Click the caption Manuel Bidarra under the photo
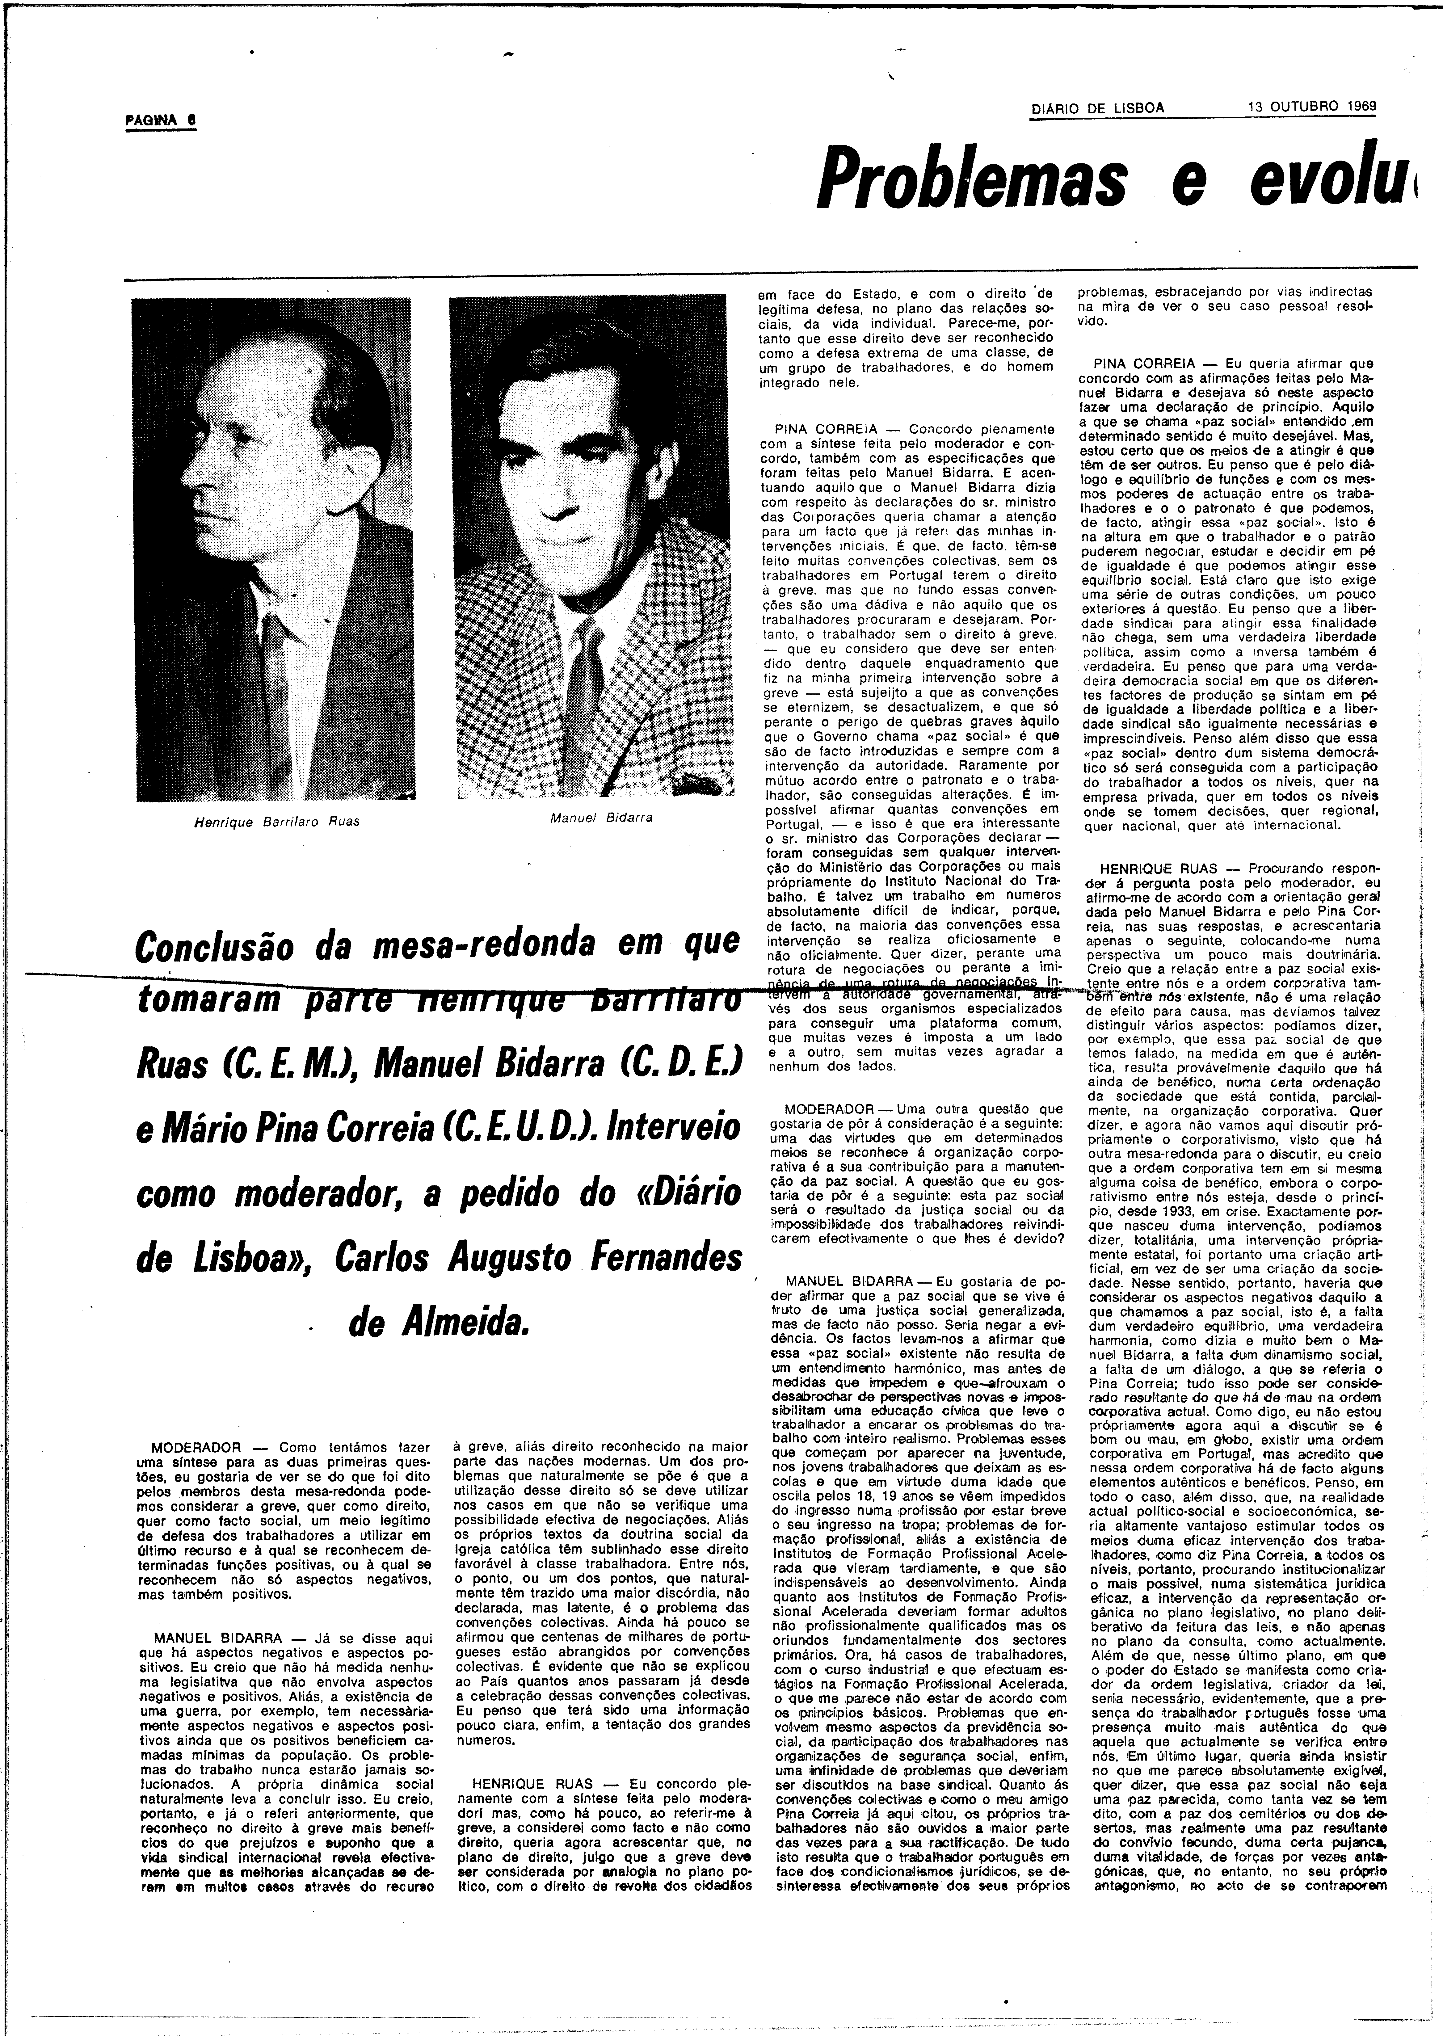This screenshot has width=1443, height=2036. pyautogui.click(x=602, y=817)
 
